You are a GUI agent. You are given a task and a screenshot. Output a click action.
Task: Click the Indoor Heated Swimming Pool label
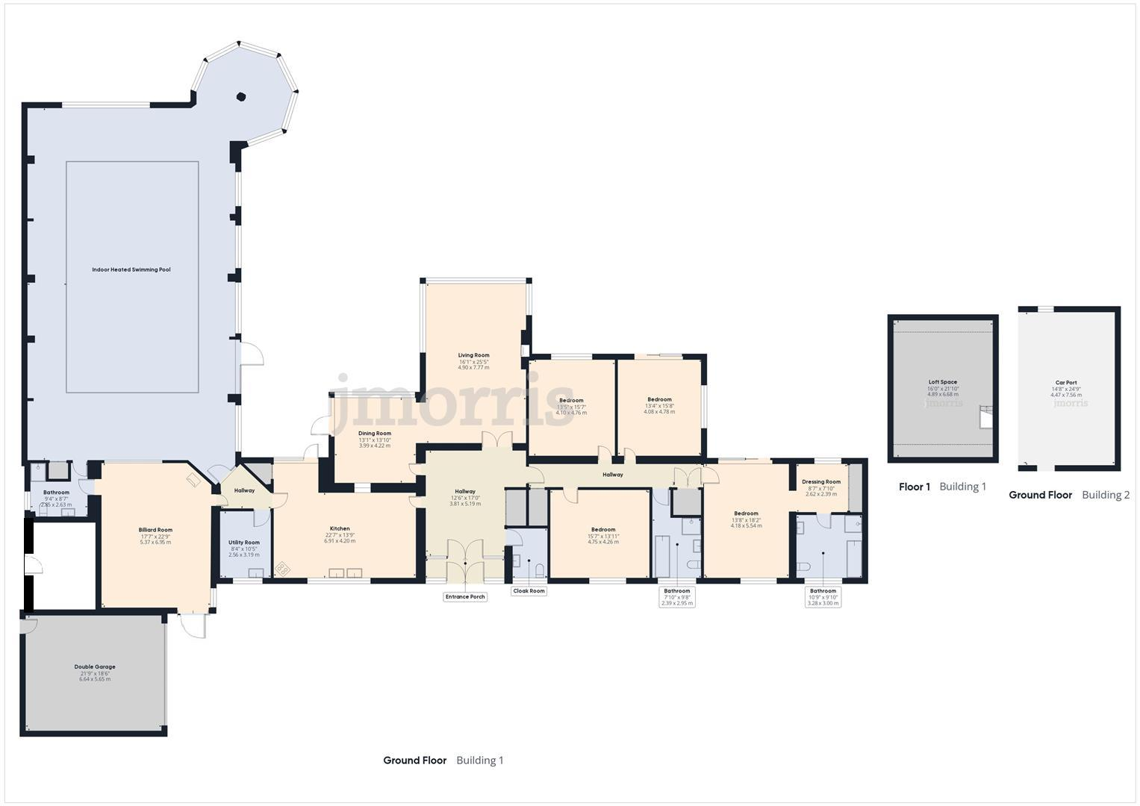[131, 269]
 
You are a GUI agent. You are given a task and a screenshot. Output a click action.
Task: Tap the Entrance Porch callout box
[465, 596]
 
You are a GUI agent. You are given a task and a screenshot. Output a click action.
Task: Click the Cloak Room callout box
[529, 591]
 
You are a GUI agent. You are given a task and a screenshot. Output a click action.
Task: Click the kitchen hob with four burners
[283, 569]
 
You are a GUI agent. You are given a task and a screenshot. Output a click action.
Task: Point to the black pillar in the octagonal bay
[241, 96]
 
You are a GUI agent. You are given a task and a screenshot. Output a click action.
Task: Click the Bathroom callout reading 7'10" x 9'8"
[677, 596]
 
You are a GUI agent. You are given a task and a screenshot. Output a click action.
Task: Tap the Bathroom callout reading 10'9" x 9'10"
[823, 596]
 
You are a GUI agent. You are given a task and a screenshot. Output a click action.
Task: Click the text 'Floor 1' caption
[914, 487]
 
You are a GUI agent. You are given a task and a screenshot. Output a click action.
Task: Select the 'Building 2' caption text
[1105, 495]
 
